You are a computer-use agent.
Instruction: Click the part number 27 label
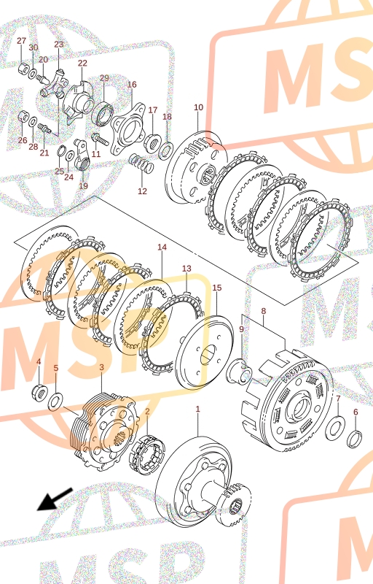pos(22,41)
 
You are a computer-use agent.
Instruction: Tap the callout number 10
pos(199,107)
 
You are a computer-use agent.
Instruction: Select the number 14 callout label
pos(162,247)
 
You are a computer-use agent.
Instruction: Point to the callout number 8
pos(264,310)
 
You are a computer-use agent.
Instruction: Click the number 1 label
pos(197,409)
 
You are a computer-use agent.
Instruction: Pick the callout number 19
pos(84,185)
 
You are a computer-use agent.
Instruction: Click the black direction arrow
pos(55,499)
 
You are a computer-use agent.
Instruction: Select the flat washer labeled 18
pos(165,150)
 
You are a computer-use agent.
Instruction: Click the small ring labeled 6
pos(355,439)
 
